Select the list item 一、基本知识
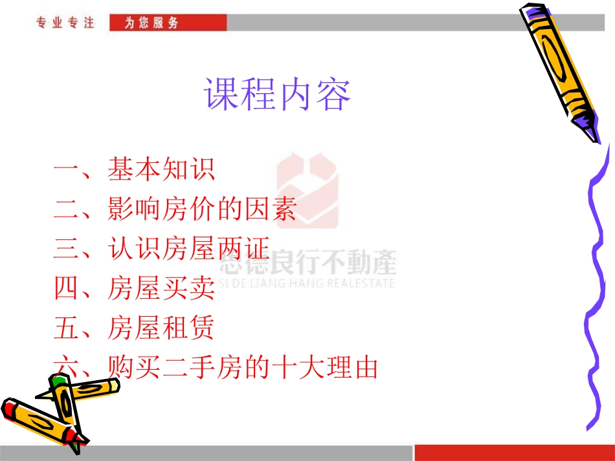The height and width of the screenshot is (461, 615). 134,171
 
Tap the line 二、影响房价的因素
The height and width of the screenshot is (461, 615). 175,210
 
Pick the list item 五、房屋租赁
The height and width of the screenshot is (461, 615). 134,328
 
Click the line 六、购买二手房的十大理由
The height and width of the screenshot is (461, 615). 216,368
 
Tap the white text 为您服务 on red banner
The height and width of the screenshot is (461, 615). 153,23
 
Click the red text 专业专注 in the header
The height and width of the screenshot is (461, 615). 65,23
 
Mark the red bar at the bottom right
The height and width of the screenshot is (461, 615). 514,452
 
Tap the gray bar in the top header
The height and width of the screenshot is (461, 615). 414,23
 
